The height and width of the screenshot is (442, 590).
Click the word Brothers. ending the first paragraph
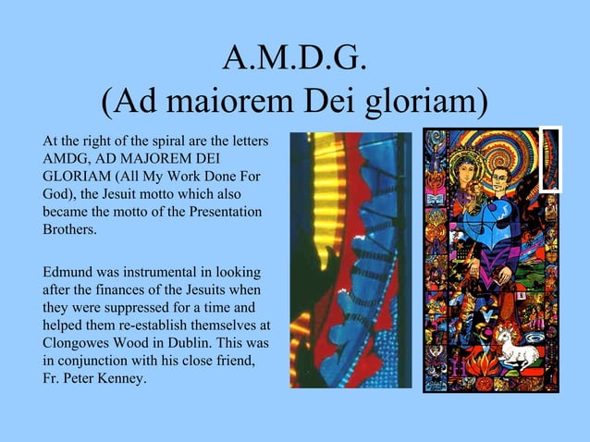[69, 230]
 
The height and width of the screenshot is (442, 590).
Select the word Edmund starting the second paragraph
[68, 273]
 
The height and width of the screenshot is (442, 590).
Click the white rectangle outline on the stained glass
[551, 158]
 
